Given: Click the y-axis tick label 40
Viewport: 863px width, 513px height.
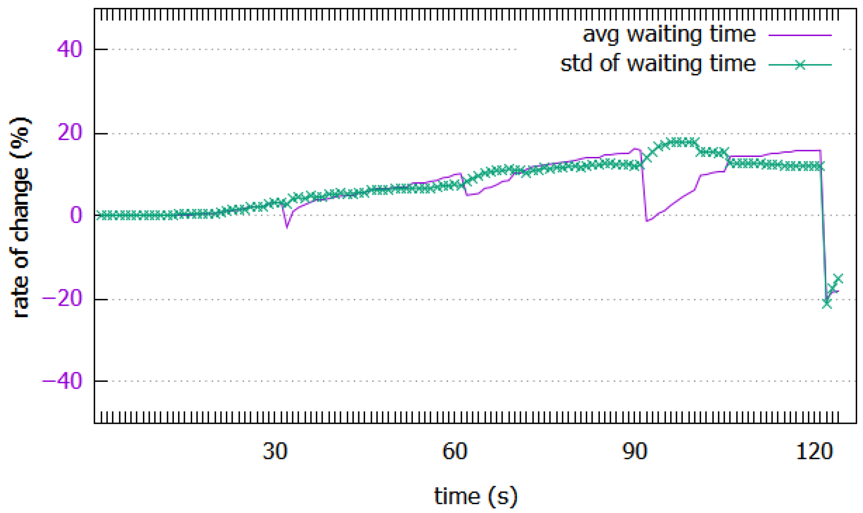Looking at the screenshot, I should tap(69, 49).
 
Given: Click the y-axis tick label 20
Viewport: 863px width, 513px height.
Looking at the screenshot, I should tap(69, 133).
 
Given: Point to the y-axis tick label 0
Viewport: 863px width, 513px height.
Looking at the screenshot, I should tap(76, 215).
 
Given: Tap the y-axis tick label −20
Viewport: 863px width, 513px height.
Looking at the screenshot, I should tap(62, 299).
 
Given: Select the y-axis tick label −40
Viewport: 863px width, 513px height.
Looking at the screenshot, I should tap(62, 381).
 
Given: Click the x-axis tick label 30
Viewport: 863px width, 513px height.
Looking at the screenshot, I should tap(275, 451).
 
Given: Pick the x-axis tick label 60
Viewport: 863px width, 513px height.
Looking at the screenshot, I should tap(454, 451).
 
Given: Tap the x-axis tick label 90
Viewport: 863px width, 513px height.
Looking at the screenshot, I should tap(635, 451).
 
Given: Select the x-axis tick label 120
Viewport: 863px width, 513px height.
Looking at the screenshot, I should tap(814, 451).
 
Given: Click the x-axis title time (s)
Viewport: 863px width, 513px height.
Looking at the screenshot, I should tap(475, 496).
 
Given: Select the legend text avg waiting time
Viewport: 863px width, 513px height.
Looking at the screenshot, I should tap(669, 34).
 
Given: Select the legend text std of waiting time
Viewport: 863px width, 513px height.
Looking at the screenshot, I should tap(658, 64).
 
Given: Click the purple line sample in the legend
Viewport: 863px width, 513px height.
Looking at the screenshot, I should tap(800, 35).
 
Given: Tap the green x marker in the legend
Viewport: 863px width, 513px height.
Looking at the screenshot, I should tap(800, 65).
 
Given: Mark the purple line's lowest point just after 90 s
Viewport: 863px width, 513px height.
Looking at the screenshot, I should tap(647, 221).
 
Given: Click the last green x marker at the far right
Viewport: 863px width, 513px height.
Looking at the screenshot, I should tap(838, 279).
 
